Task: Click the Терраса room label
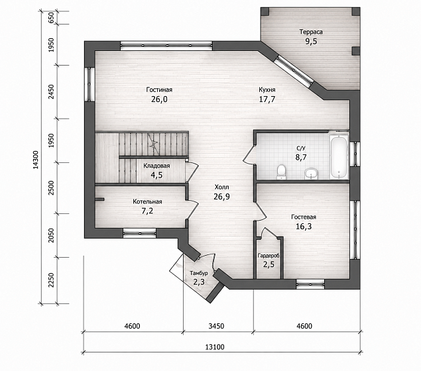coord(311,32)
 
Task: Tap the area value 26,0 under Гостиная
coord(159,99)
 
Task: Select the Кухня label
coord(267,89)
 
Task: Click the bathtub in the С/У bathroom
coord(339,157)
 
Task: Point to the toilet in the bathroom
coord(281,172)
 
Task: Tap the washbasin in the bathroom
coord(312,174)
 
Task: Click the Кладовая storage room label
coord(156,166)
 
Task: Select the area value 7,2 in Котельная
coord(147,211)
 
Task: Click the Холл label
coord(221,187)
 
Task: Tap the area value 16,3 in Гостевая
coord(304,227)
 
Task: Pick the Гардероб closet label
coord(269,256)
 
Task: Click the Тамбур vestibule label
coord(199,273)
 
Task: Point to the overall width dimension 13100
coord(215,347)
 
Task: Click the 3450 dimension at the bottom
coord(216,326)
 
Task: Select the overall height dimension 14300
coord(36,160)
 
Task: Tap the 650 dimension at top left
coord(52,18)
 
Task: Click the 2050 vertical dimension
coord(52,235)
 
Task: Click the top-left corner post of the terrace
coord(265,11)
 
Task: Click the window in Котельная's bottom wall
coord(139,233)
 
